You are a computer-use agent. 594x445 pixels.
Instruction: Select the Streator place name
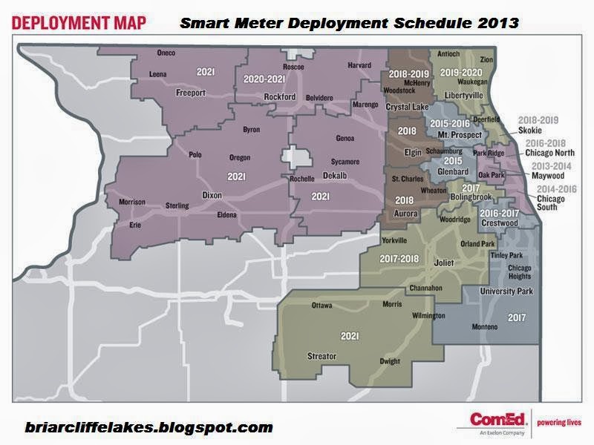[x=322, y=357]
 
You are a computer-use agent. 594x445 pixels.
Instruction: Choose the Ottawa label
[x=321, y=306]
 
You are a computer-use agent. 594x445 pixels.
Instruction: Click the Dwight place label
[x=390, y=362]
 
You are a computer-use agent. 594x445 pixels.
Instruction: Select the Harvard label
[x=359, y=66]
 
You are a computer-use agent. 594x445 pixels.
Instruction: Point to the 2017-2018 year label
[x=399, y=259]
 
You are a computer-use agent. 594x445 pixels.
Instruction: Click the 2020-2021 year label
[x=264, y=78]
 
